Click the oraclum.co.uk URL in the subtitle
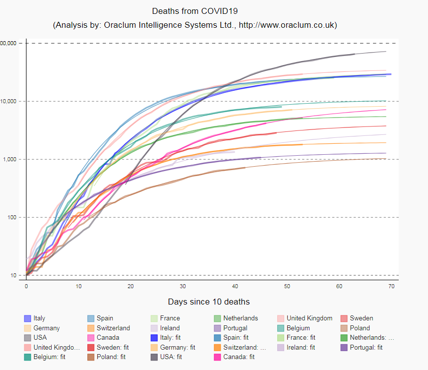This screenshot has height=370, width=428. [288, 25]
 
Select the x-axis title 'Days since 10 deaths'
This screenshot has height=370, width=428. [208, 302]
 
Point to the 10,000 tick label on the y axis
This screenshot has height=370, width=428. [10, 101]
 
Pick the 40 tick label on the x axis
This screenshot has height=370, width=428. [235, 286]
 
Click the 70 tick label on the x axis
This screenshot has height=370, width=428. [391, 286]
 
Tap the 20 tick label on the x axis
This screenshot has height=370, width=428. [130, 286]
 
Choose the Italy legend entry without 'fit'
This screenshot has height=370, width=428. [39, 318]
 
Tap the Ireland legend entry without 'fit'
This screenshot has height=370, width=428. [170, 328]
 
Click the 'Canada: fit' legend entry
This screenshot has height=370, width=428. [239, 357]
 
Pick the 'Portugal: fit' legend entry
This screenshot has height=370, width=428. [366, 347]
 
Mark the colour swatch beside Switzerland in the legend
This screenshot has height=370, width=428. [91, 328]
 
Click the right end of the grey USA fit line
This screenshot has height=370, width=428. [386, 52]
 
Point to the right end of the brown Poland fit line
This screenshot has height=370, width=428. [386, 159]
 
